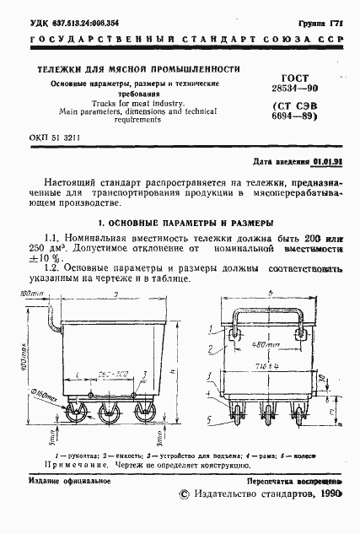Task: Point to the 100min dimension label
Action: click(x=32, y=293)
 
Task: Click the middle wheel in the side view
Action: click(x=108, y=413)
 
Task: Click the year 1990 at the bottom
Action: click(x=326, y=495)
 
